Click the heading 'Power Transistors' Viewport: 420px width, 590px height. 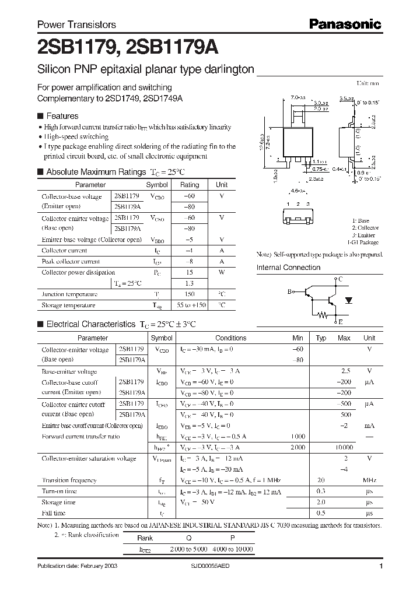(76, 24)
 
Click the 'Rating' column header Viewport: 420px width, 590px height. (190, 184)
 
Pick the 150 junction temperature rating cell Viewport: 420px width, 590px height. (190, 294)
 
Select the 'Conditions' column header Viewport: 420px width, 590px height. (230, 338)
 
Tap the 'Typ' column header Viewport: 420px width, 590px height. (321, 338)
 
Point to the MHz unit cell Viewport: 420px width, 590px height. (369, 480)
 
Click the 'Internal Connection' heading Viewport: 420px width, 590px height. (288, 268)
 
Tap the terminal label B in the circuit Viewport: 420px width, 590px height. (289, 291)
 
